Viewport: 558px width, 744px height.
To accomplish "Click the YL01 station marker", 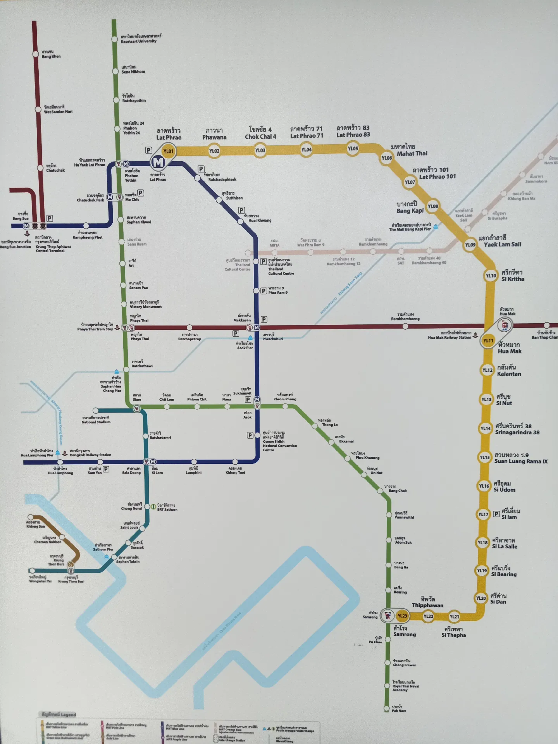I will pyautogui.click(x=168, y=151).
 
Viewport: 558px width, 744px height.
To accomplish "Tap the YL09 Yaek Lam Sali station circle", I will pyautogui.click(x=470, y=245).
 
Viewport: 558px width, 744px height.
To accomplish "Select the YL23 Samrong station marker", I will pyautogui.click(x=402, y=616).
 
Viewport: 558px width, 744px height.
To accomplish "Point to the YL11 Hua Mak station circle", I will pyautogui.click(x=488, y=341).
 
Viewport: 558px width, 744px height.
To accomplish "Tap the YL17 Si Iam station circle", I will pyautogui.click(x=483, y=514).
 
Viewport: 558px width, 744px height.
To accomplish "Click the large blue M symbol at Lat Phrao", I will pyautogui.click(x=158, y=163).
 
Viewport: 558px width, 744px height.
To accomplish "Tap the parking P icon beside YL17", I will pyautogui.click(x=496, y=514).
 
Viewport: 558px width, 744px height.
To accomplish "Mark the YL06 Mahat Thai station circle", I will pyautogui.click(x=386, y=158).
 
